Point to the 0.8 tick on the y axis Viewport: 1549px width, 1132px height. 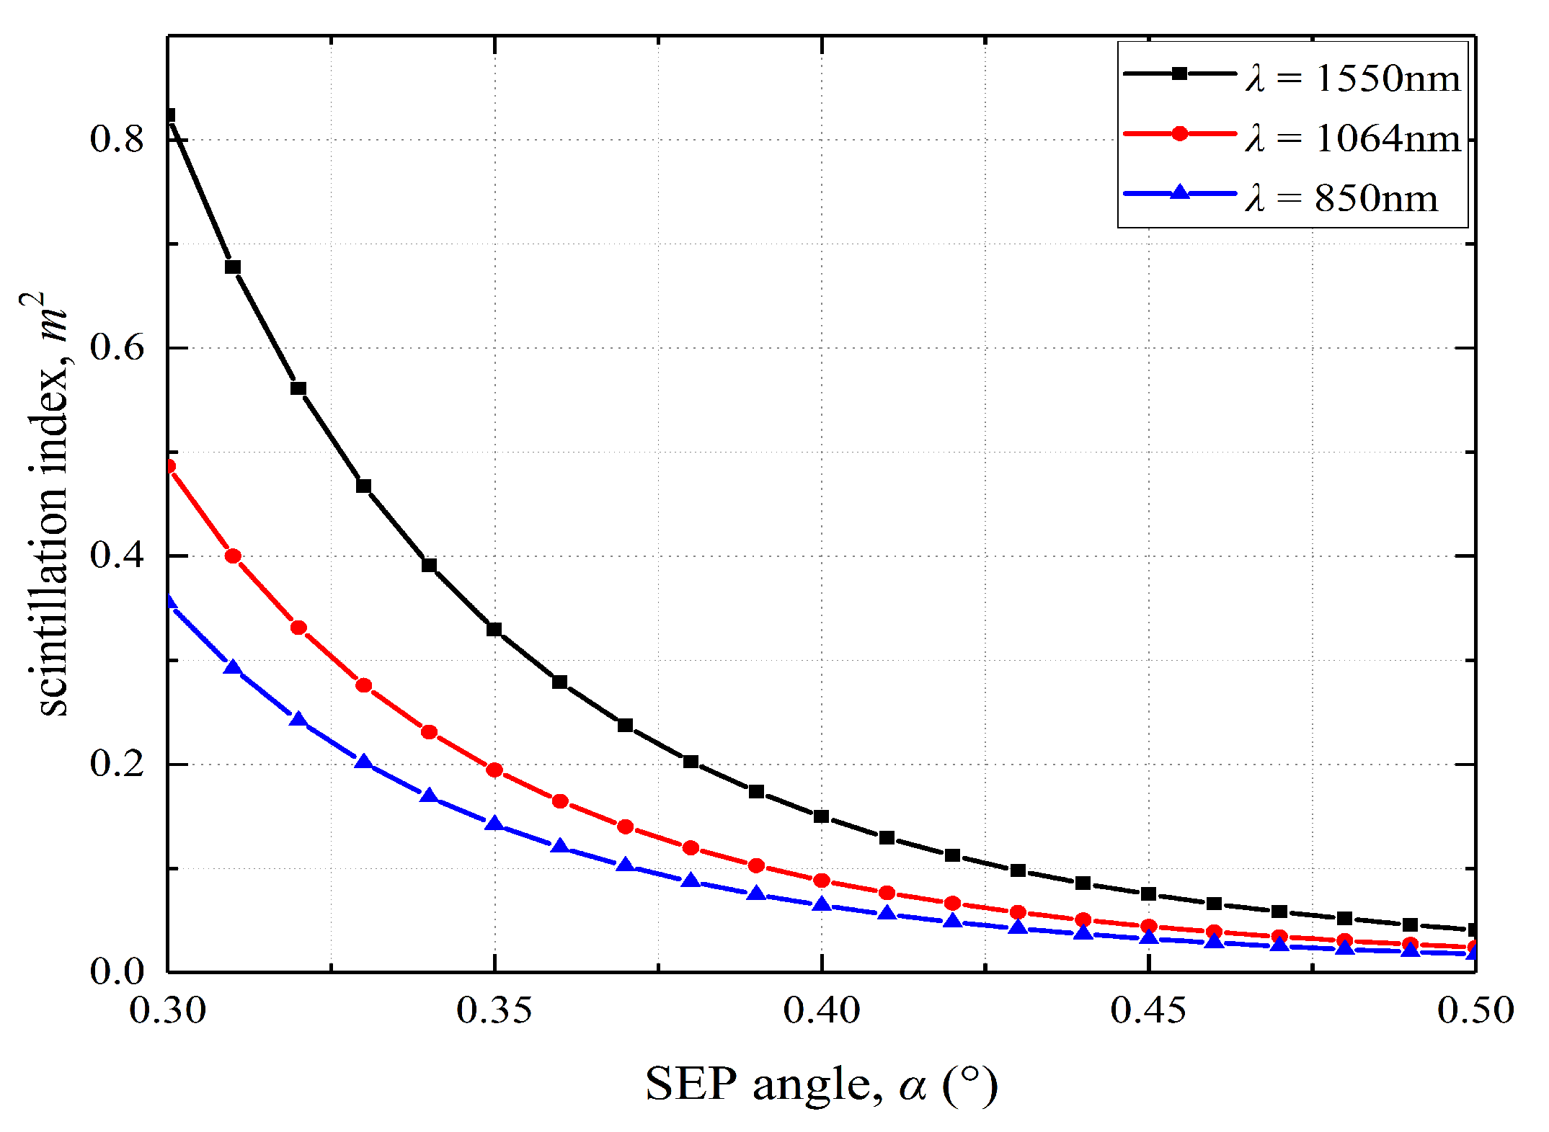[x=117, y=138]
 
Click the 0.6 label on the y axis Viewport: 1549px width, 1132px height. [x=117, y=347]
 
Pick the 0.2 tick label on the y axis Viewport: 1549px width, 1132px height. [x=117, y=764]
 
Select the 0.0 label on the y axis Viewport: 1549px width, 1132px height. [x=117, y=972]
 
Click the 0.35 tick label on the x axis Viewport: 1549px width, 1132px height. [x=494, y=1010]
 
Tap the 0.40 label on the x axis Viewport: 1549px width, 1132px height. [x=822, y=1010]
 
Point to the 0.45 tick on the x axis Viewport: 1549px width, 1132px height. [x=1148, y=1010]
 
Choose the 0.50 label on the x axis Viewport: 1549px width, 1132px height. [x=1475, y=1010]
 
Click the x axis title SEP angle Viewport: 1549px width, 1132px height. [x=821, y=1084]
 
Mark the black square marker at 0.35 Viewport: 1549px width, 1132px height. [x=494, y=629]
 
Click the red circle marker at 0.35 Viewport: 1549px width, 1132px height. [x=494, y=770]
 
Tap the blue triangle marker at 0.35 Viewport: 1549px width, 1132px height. [x=494, y=824]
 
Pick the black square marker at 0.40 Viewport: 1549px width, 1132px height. [x=821, y=816]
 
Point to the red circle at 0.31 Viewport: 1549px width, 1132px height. [x=233, y=556]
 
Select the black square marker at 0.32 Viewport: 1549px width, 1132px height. [x=298, y=388]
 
